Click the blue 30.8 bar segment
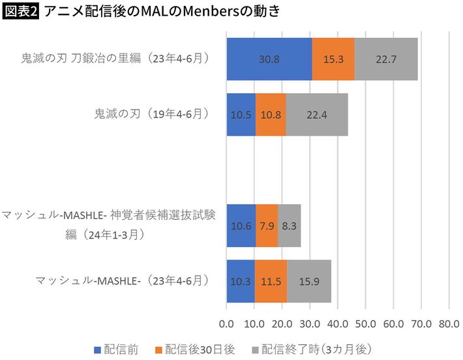(269, 59)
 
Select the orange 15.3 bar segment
(333, 59)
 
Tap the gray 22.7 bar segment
(386, 59)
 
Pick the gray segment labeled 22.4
(317, 114)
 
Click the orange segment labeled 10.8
(271, 114)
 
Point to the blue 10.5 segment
(241, 114)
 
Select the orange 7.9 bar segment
(267, 226)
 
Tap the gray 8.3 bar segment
(290, 226)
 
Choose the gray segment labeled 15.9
(309, 281)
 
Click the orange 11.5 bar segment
(271, 281)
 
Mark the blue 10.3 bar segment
(241, 281)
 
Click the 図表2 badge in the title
(20, 12)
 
